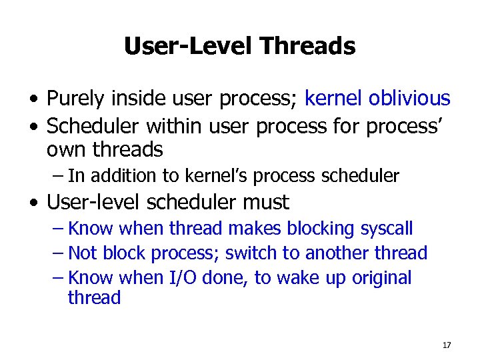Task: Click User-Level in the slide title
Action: [x=189, y=46]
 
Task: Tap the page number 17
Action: [x=446, y=345]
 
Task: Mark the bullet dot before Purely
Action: [x=33, y=100]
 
